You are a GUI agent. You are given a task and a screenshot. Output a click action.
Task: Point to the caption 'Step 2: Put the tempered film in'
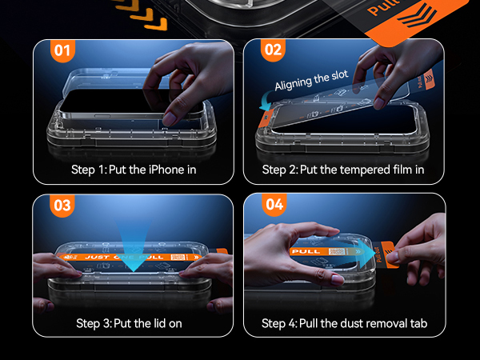pos(343,170)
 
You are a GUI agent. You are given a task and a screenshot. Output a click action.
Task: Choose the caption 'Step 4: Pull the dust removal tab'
pos(344,323)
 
